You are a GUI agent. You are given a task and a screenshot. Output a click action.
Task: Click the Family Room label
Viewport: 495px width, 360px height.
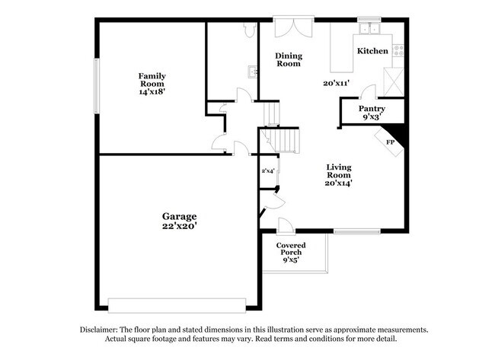coord(152,80)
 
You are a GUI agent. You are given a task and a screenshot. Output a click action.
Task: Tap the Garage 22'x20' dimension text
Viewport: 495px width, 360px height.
coord(180,226)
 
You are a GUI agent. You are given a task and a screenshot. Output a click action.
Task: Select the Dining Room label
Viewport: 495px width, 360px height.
coord(289,59)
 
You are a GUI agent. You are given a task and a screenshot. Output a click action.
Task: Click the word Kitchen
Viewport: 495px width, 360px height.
coord(372,51)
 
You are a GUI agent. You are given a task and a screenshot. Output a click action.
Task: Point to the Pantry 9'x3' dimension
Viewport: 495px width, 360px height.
coord(372,116)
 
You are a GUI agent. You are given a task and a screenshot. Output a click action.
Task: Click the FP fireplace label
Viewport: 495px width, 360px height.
coord(390,142)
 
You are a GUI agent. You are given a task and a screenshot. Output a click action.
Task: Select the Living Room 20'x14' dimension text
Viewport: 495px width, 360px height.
coord(339,183)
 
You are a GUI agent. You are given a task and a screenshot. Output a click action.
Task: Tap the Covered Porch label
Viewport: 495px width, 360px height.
coord(291,249)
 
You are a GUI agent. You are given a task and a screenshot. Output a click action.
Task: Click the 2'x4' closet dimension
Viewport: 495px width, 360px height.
coord(268,171)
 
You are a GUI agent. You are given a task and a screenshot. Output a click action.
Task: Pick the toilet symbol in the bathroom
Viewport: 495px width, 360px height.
coord(249,30)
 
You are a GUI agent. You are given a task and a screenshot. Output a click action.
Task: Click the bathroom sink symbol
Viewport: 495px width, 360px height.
coord(253,72)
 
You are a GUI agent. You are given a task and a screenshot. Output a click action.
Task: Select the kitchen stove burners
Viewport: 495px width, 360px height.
coord(398,50)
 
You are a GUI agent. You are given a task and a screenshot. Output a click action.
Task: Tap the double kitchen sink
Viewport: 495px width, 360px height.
coord(369,29)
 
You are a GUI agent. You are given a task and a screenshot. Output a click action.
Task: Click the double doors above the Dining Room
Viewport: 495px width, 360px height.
coord(294,27)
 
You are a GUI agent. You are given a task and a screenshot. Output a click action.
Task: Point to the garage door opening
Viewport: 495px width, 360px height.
coord(177,305)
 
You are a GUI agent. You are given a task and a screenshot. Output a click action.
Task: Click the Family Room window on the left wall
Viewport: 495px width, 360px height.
coord(97,86)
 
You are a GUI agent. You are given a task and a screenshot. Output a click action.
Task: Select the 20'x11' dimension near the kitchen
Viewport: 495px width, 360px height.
coord(336,83)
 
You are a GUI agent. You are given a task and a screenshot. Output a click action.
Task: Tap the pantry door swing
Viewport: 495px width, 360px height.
coord(369,91)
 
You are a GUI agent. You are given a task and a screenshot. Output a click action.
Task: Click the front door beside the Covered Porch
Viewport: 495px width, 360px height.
coord(286,226)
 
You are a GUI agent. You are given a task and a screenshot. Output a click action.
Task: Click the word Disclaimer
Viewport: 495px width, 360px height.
coord(99,330)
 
